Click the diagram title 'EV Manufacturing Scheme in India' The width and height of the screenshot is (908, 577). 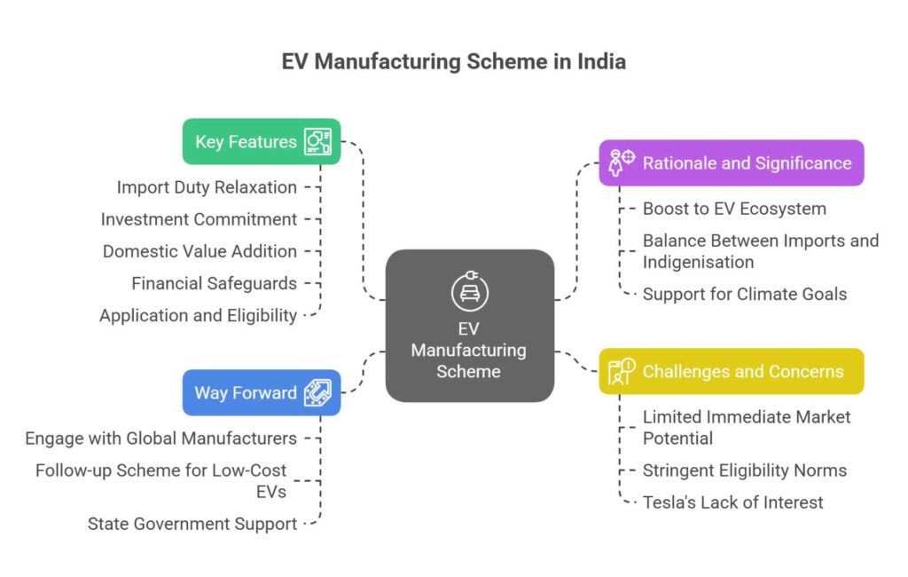click(x=453, y=61)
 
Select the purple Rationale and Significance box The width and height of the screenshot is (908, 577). click(x=731, y=162)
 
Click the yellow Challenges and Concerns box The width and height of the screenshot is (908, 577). click(x=731, y=371)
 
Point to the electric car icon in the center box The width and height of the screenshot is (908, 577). click(x=469, y=292)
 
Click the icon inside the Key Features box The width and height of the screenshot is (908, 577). click(x=317, y=141)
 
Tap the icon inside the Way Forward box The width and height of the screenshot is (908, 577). click(x=317, y=392)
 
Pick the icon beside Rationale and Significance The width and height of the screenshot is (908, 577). click(x=622, y=162)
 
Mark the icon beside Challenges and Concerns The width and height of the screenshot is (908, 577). click(x=622, y=371)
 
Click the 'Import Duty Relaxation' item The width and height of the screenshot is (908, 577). click(x=207, y=187)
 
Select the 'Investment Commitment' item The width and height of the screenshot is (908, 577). click(x=199, y=219)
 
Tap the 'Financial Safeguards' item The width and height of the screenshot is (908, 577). click(x=214, y=283)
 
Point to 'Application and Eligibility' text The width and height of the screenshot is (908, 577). click(x=198, y=315)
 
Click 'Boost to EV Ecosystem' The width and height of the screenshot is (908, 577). click(x=734, y=209)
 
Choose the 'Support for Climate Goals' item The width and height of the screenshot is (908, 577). click(x=745, y=294)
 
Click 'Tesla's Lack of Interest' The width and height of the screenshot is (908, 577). click(x=732, y=502)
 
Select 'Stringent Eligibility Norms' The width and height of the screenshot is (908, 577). click(x=745, y=470)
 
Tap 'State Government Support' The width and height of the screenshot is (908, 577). click(x=192, y=524)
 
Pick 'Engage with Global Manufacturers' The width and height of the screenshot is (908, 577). click(x=160, y=439)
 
